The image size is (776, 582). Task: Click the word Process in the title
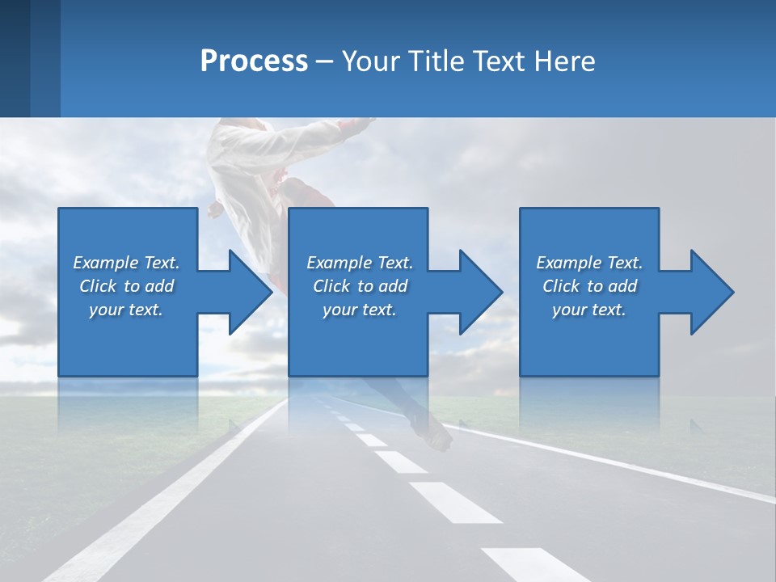[254, 61]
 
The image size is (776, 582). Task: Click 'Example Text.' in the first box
[127, 263]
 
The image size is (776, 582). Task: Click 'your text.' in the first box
[127, 310]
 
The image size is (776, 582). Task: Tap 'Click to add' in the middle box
[360, 286]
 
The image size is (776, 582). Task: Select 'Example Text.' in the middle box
[360, 263]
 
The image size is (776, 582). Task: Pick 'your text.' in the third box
[589, 310]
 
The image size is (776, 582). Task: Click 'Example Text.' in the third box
[589, 263]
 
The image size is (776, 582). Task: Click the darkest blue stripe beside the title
[15, 58]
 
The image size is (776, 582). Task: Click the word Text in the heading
[496, 61]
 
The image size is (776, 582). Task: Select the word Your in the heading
[371, 61]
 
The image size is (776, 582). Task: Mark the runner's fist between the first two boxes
[214, 210]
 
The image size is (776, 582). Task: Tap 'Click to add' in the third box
[589, 286]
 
